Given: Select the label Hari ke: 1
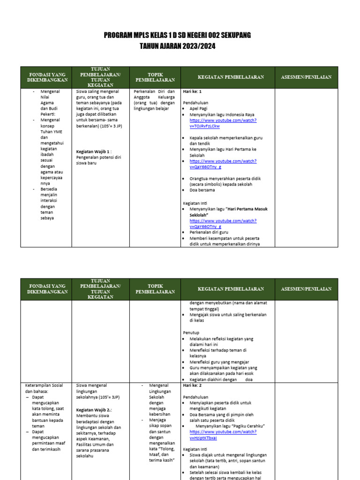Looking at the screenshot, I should pos(192,91).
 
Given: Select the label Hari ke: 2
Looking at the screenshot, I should pos(192,385).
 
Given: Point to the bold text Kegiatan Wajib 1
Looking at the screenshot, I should pos(94,152).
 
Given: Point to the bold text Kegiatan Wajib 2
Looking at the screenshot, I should pos(94,410).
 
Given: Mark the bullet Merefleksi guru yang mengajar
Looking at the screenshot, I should pos(219,362).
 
